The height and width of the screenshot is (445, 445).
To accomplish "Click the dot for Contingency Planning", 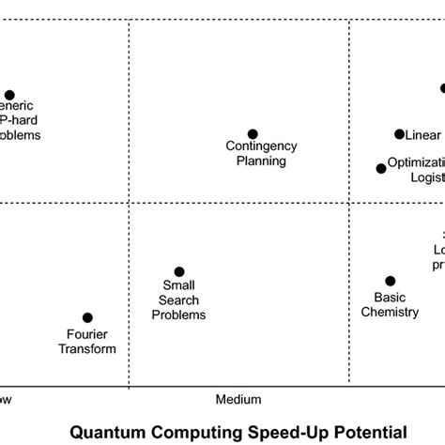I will [x=252, y=134].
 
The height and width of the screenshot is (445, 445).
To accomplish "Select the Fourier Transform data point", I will [x=87, y=318].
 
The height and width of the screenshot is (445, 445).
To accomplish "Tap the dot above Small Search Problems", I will [x=179, y=272].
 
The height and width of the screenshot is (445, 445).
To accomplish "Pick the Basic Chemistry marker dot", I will [x=391, y=281].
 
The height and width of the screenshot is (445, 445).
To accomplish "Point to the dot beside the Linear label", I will [x=399, y=134].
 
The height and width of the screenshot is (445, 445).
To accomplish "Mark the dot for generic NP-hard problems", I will [x=9, y=95].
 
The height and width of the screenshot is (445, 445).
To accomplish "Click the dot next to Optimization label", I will [x=381, y=169].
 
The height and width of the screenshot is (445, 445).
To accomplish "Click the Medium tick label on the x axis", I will [x=238, y=400].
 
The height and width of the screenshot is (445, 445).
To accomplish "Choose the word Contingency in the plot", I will [x=262, y=146].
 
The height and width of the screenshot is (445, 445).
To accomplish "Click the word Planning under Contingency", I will [x=262, y=161].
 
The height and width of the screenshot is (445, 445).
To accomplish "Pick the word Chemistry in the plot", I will [x=390, y=312].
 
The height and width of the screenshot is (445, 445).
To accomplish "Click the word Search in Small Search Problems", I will [x=179, y=300].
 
